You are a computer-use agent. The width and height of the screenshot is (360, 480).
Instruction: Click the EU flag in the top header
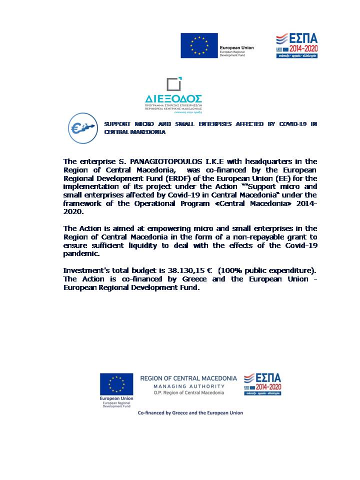[x=199, y=45]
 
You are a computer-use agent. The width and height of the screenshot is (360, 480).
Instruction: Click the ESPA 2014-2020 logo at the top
[x=297, y=45]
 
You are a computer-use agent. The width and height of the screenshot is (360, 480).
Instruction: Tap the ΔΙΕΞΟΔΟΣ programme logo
[x=173, y=95]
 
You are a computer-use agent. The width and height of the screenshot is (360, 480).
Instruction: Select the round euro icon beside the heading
[x=83, y=128]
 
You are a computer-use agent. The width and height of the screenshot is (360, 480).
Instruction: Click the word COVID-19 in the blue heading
[x=294, y=123]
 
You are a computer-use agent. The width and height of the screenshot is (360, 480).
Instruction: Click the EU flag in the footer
[x=116, y=383]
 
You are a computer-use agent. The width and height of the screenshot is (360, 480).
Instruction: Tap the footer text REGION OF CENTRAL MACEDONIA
[x=188, y=378]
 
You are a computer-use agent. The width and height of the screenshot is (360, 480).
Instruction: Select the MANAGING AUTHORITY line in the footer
[x=188, y=386]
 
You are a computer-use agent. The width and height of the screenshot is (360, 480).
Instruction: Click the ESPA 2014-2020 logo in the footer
[x=262, y=384]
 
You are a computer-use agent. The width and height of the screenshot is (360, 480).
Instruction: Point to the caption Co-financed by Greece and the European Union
[x=190, y=413]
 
